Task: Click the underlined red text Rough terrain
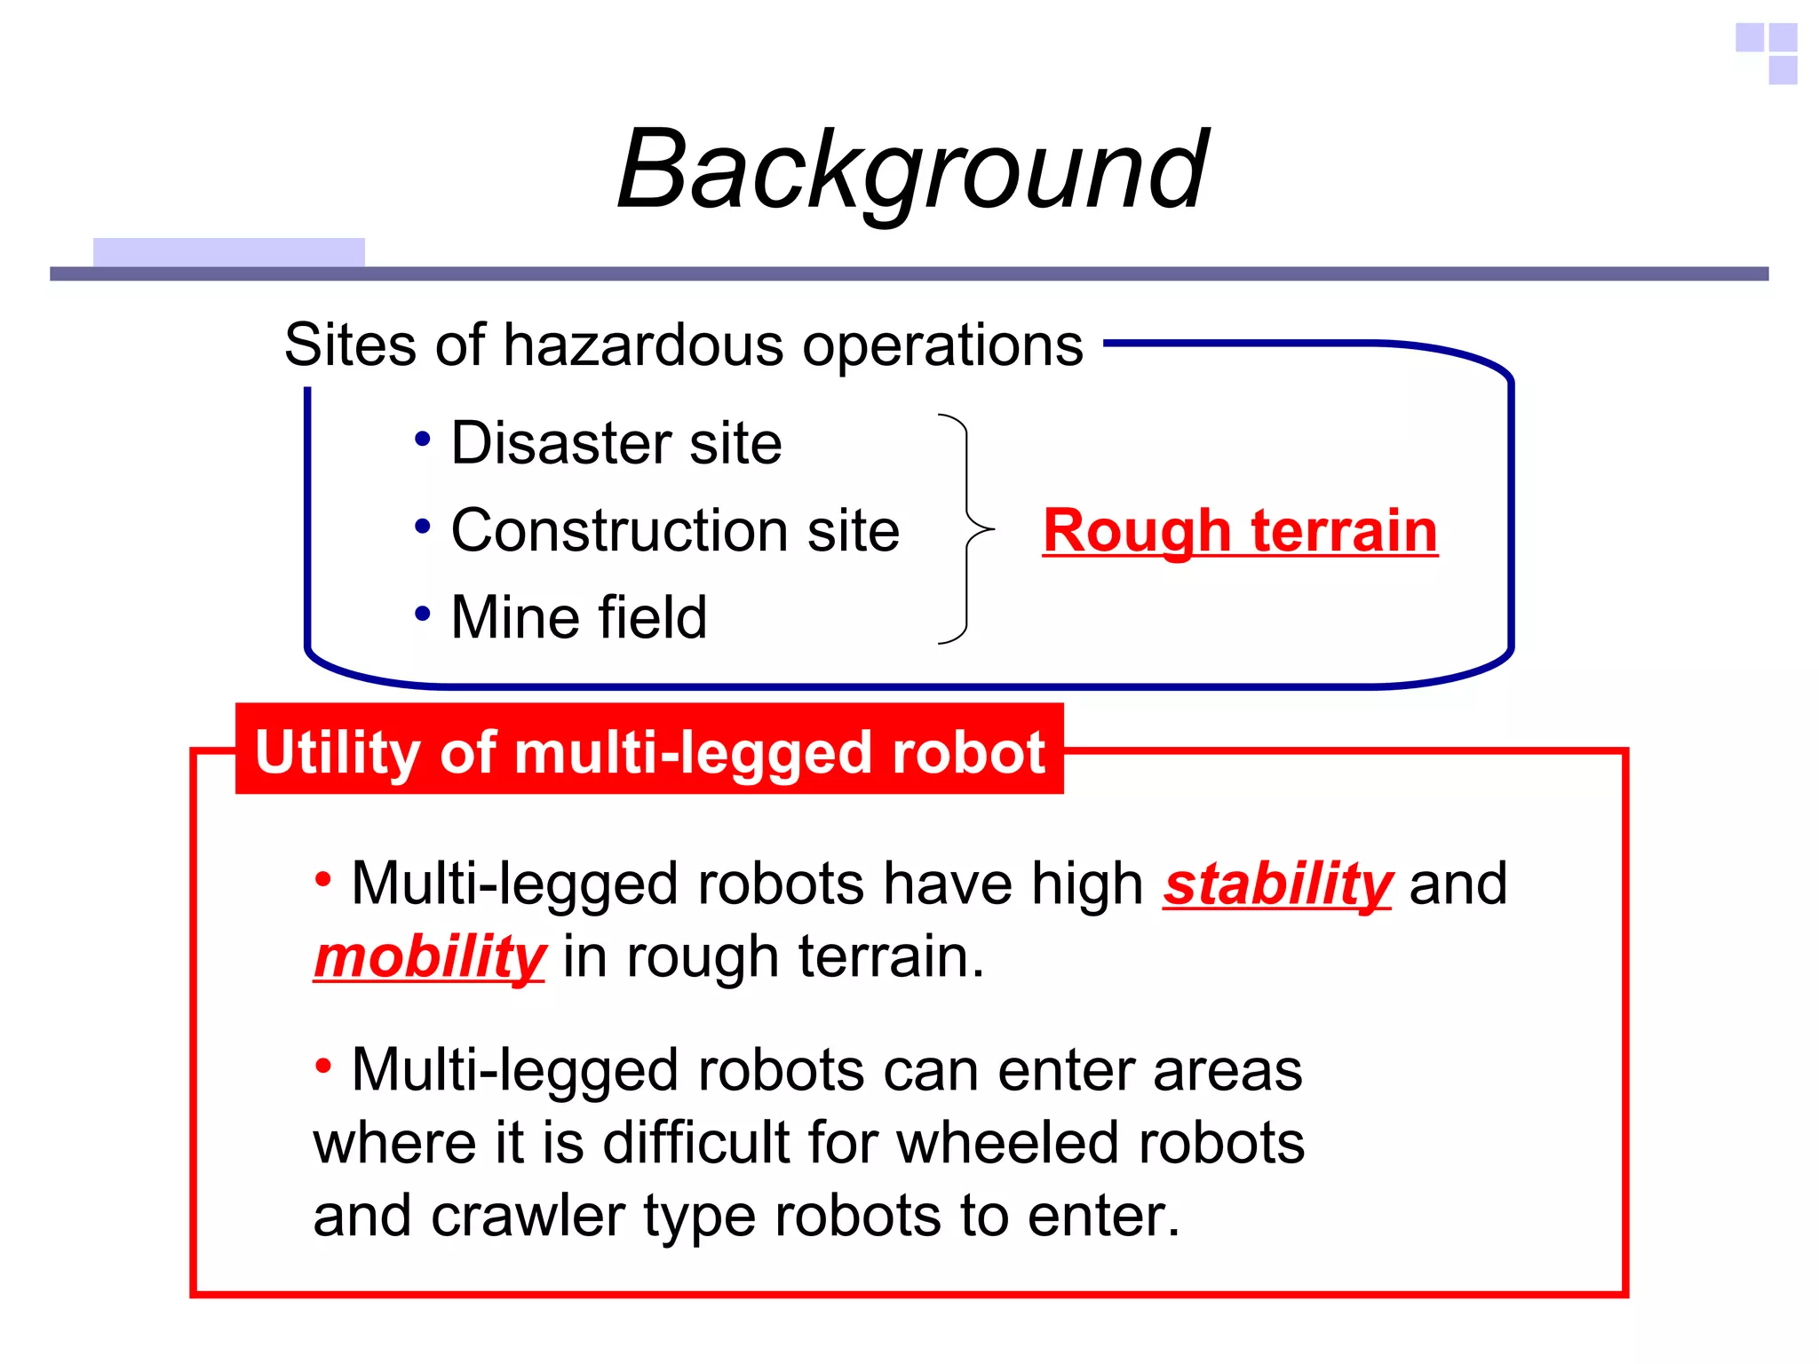point(1240,531)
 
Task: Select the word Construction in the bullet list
point(618,531)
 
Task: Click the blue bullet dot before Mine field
point(423,613)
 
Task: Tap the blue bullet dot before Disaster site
point(423,439)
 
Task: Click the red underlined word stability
point(1277,884)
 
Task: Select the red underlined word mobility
point(429,957)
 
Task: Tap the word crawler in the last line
point(528,1216)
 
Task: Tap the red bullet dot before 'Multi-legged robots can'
point(323,1065)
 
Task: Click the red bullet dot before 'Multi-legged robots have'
point(323,879)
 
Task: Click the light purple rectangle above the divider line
point(228,251)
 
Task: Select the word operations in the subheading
point(943,345)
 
